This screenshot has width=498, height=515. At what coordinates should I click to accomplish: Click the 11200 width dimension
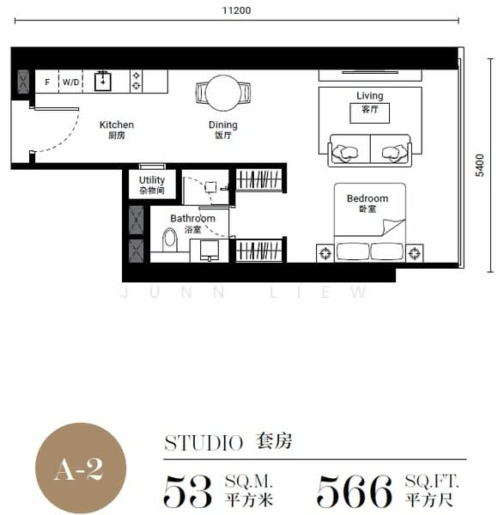[235, 10]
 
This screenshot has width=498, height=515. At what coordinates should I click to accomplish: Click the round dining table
[223, 92]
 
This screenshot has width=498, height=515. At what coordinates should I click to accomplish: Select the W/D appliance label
[70, 82]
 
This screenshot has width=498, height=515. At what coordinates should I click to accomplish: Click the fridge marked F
[47, 82]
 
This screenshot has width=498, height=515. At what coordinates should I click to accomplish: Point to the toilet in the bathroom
[169, 238]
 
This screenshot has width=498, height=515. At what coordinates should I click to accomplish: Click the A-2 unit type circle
[80, 468]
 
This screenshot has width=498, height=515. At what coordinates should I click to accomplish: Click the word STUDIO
[203, 443]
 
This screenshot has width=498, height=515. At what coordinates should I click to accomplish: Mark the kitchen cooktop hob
[136, 82]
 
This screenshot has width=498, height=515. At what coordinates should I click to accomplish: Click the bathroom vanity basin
[210, 250]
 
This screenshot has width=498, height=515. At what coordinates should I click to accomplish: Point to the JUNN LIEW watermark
[244, 293]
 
